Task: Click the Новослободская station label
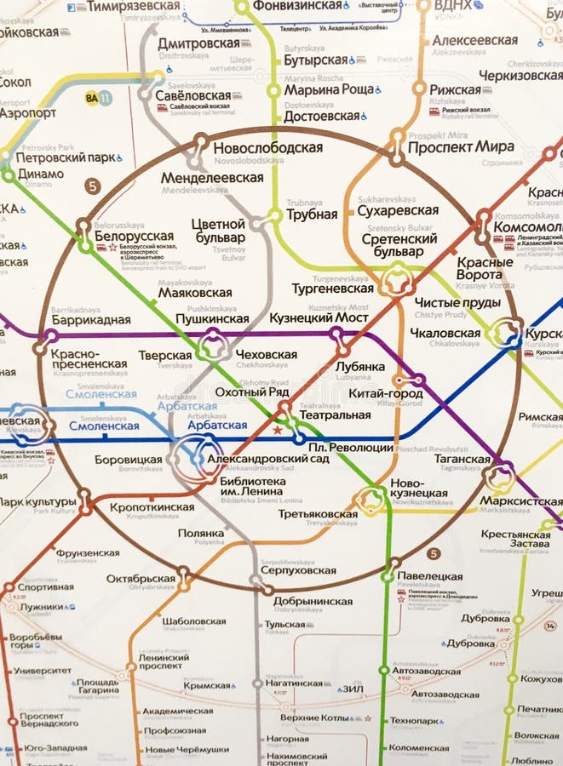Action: click(267, 147)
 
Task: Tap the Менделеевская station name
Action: click(212, 178)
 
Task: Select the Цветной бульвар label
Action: click(218, 231)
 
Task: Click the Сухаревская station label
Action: click(398, 210)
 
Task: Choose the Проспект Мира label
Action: click(461, 146)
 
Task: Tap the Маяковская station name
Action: click(195, 292)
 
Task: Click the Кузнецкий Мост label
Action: click(319, 317)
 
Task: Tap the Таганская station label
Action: click(465, 459)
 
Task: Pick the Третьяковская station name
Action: click(318, 514)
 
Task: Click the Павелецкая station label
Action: click(430, 576)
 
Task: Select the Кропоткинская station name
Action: click(152, 507)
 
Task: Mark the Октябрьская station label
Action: click(141, 579)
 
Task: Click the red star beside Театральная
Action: click(277, 432)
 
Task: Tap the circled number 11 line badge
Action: click(105, 99)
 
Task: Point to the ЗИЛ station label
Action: click(353, 689)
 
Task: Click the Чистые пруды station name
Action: click(445, 303)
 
